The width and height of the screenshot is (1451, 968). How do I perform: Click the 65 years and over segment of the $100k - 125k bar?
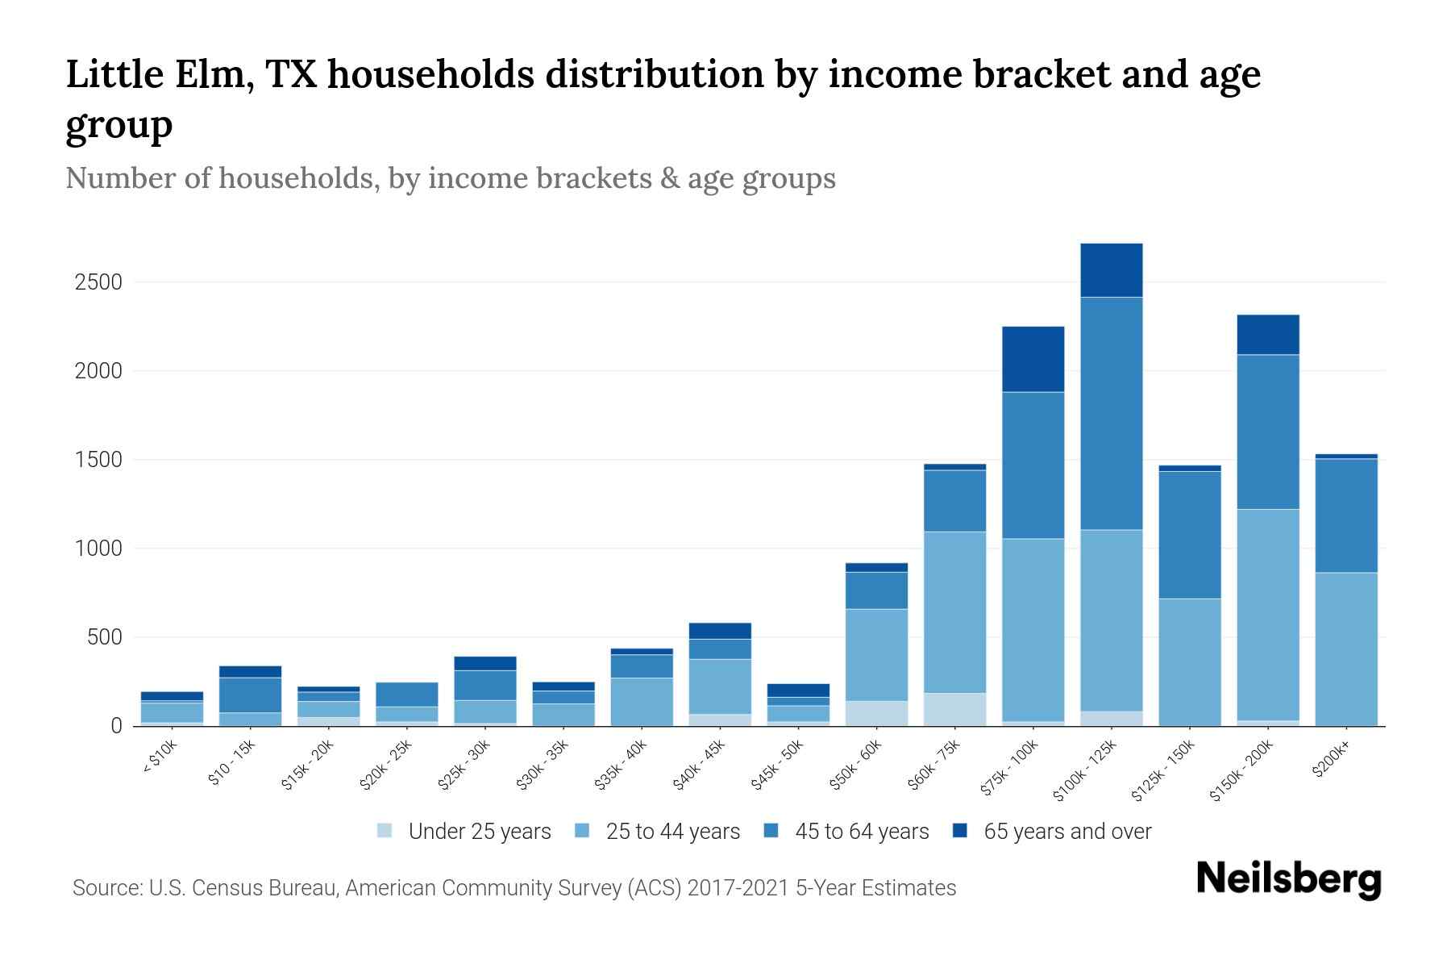click(x=1111, y=270)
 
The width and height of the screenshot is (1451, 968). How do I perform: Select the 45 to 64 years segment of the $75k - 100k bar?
click(x=1033, y=465)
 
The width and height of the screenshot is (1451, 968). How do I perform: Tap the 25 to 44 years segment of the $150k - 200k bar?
click(x=1267, y=615)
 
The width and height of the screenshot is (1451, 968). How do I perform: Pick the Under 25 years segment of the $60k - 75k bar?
click(x=954, y=709)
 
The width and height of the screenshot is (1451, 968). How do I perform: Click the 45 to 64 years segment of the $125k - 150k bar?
click(x=1189, y=535)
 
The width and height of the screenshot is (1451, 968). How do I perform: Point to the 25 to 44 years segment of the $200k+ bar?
click(x=1345, y=649)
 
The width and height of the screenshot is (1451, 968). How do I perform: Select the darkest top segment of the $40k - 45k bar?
click(x=720, y=631)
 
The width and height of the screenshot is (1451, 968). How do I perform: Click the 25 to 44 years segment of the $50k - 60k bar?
click(x=876, y=654)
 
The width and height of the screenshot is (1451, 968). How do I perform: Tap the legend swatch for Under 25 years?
click(x=385, y=831)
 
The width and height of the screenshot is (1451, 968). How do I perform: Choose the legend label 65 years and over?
click(x=1066, y=832)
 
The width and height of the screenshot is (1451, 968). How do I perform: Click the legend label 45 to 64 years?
click(x=862, y=832)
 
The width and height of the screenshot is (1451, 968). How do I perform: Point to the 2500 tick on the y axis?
click(x=98, y=282)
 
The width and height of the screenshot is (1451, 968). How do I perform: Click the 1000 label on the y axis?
click(x=98, y=549)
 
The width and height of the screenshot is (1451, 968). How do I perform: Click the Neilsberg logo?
click(x=1288, y=879)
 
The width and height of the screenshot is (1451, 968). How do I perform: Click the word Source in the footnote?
click(x=106, y=888)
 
